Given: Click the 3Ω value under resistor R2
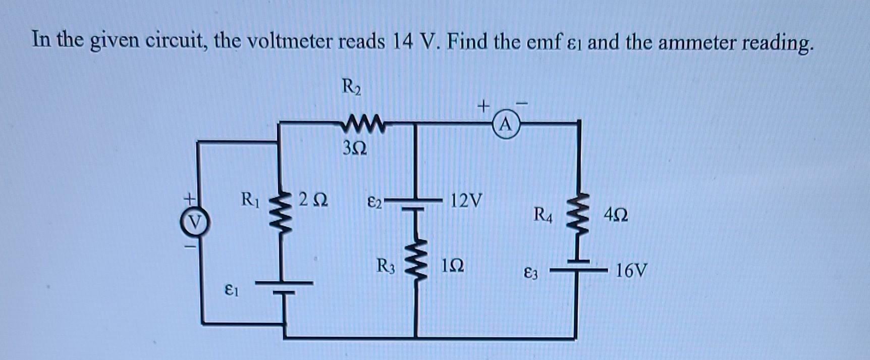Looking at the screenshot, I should point(355,148).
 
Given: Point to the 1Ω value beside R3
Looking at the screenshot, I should point(453,266).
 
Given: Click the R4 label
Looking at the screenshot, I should point(543,216).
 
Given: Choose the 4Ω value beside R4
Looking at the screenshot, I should point(616,216).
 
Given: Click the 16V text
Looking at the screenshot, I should point(631,271).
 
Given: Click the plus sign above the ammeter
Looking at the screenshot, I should point(483,106).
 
